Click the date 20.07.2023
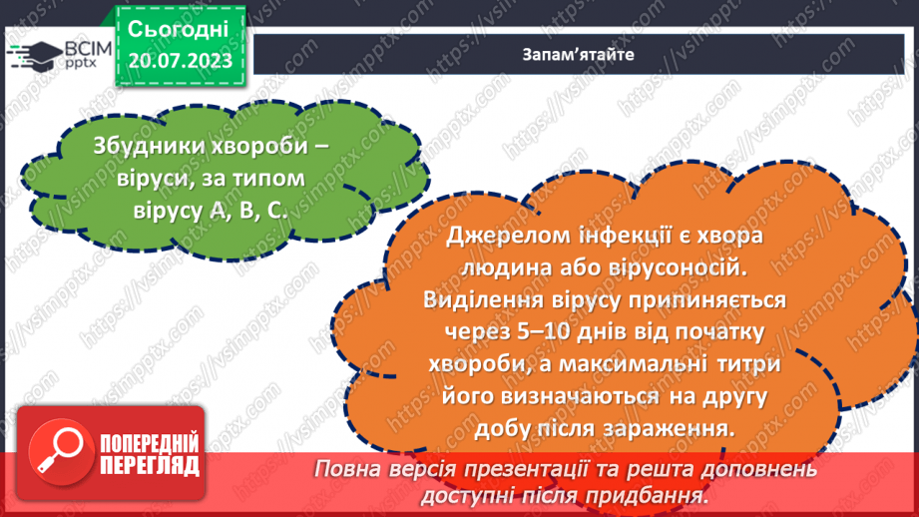[x=180, y=61]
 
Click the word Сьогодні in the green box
[x=180, y=27]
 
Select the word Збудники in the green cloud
[x=125, y=145]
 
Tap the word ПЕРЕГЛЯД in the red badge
[x=149, y=465]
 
